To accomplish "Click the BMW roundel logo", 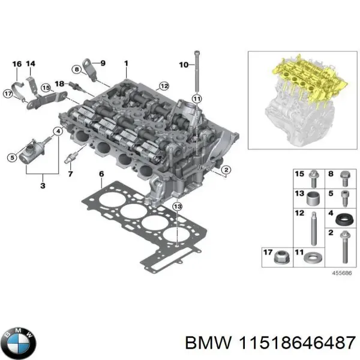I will (x=19, y=342).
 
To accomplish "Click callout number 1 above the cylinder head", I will (x=126, y=63).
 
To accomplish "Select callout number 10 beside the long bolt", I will (x=184, y=64).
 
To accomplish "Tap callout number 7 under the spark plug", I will (x=70, y=174).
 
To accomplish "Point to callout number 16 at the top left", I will (x=16, y=64).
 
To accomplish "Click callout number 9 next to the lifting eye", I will (x=102, y=63).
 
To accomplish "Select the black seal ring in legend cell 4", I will (x=344, y=218).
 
